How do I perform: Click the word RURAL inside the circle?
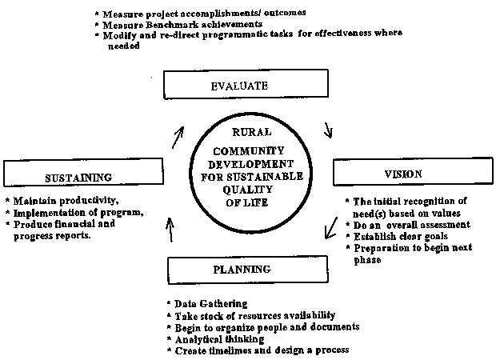[x=252, y=132]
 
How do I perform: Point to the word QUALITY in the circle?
[x=247, y=190]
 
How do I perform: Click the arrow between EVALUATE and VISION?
[x=329, y=130]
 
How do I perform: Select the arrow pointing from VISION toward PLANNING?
[x=331, y=228]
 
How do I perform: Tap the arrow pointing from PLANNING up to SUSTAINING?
[x=170, y=230]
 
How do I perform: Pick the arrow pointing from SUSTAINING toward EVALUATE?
[x=178, y=138]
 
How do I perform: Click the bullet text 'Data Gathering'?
[x=211, y=304]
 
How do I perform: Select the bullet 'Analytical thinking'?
[x=219, y=339]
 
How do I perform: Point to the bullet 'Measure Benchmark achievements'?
[x=182, y=25]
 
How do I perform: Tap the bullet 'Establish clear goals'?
[x=401, y=236]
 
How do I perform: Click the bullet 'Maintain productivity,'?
[x=66, y=201]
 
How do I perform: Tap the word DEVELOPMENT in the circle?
[x=250, y=164]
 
